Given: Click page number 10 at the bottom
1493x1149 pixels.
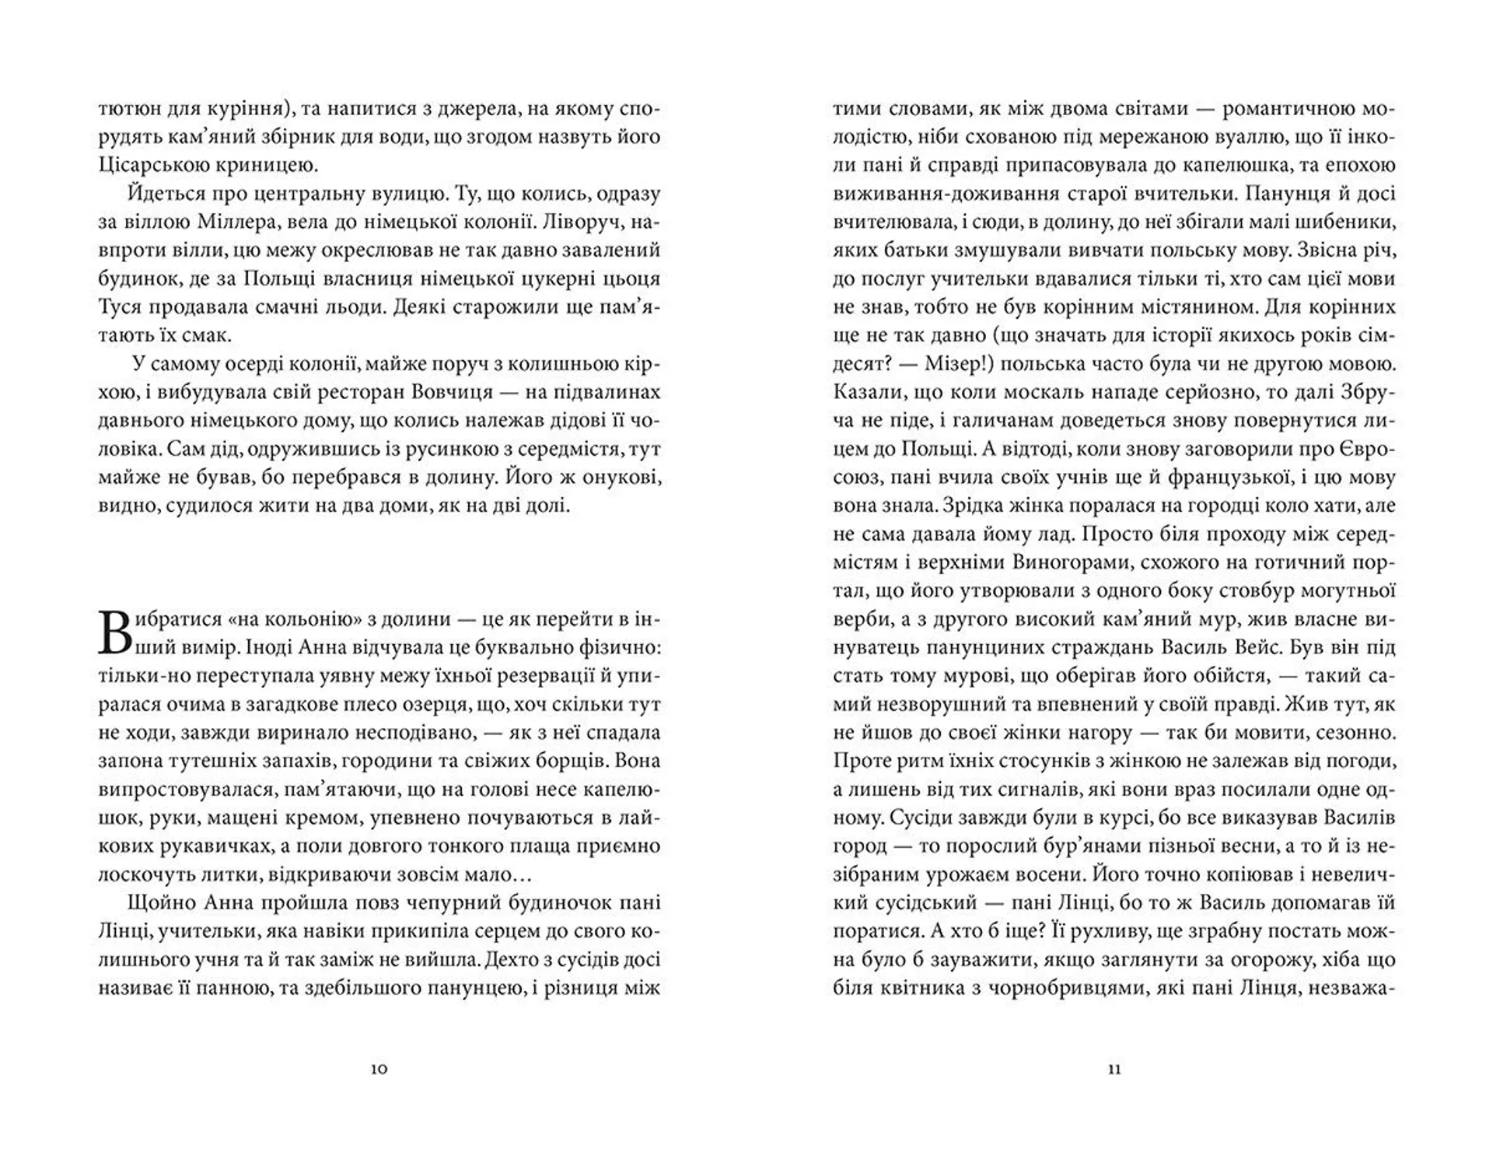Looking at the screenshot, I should point(379,1069).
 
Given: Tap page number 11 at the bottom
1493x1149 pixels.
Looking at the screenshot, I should point(1114,1069).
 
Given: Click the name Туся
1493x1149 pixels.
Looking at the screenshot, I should point(121,307).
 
